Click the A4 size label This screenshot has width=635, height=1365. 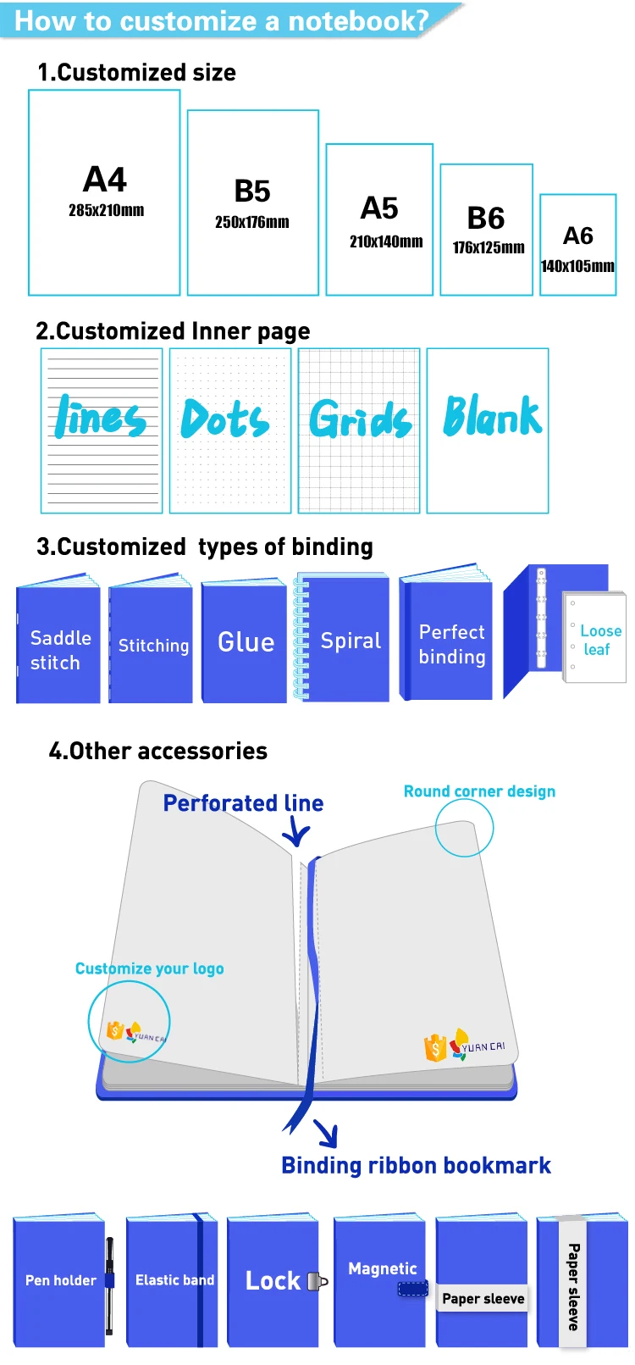105,180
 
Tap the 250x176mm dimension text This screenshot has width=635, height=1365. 251,223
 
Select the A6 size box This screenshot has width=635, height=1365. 578,245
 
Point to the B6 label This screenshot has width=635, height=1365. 486,219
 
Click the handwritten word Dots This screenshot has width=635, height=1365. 224,419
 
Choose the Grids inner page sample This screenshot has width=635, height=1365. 359,430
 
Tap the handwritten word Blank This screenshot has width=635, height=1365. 492,416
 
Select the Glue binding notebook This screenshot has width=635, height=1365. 245,641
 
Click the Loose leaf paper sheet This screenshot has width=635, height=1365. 595,638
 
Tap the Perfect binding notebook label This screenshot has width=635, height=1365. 452,644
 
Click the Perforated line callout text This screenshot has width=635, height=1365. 243,803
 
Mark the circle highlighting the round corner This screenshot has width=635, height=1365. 464,827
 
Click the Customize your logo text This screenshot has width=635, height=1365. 149,968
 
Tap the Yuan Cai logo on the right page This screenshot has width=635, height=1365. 464,1046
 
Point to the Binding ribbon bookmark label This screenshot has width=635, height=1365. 416,1166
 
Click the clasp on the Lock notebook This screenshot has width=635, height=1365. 317,1281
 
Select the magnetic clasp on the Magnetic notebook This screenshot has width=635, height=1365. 412,1289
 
